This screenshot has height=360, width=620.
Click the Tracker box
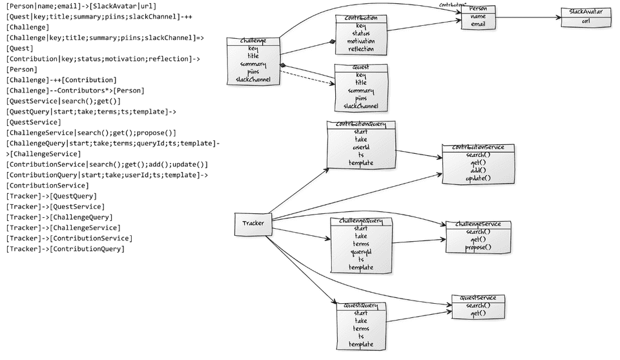253,224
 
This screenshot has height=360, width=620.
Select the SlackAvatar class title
585,12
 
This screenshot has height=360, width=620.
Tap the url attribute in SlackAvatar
585,21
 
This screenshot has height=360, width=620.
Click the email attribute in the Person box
478,25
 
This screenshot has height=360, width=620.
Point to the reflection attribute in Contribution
361,49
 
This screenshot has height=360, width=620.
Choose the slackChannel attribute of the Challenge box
253,80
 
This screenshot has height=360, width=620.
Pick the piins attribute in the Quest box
361,98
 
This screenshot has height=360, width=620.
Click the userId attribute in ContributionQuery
361,147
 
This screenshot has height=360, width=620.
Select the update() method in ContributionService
478,178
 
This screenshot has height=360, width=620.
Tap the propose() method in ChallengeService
479,247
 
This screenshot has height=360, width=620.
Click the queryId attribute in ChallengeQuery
361,252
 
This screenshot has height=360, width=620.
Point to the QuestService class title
478,298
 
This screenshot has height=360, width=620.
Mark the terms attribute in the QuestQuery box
361,329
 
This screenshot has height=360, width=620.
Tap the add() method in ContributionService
478,171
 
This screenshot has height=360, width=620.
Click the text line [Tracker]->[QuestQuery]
52,196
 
